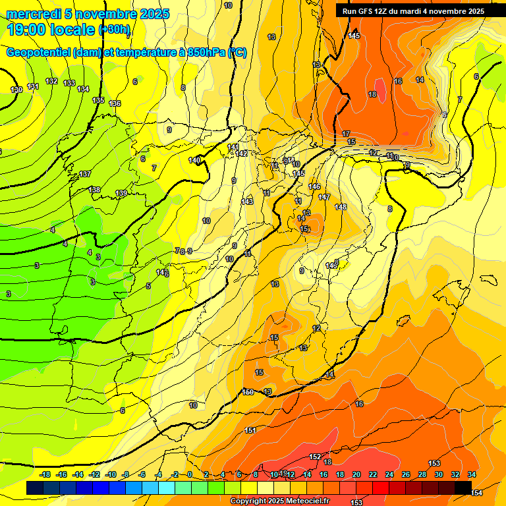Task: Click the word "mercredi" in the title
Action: [34, 14]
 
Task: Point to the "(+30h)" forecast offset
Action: [115, 30]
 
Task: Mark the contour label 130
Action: [16, 90]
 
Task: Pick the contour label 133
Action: [69, 83]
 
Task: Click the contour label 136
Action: [115, 103]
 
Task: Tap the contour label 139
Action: [121, 193]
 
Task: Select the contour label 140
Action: [194, 160]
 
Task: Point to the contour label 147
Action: [324, 197]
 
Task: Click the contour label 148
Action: [341, 207]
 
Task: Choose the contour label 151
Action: [250, 430]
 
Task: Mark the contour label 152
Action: [315, 457]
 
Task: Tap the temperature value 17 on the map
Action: [346, 134]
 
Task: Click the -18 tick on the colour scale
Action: [45, 474]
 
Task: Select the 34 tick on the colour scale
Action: [472, 474]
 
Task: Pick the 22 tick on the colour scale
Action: [373, 474]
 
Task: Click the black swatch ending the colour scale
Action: [463, 488]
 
